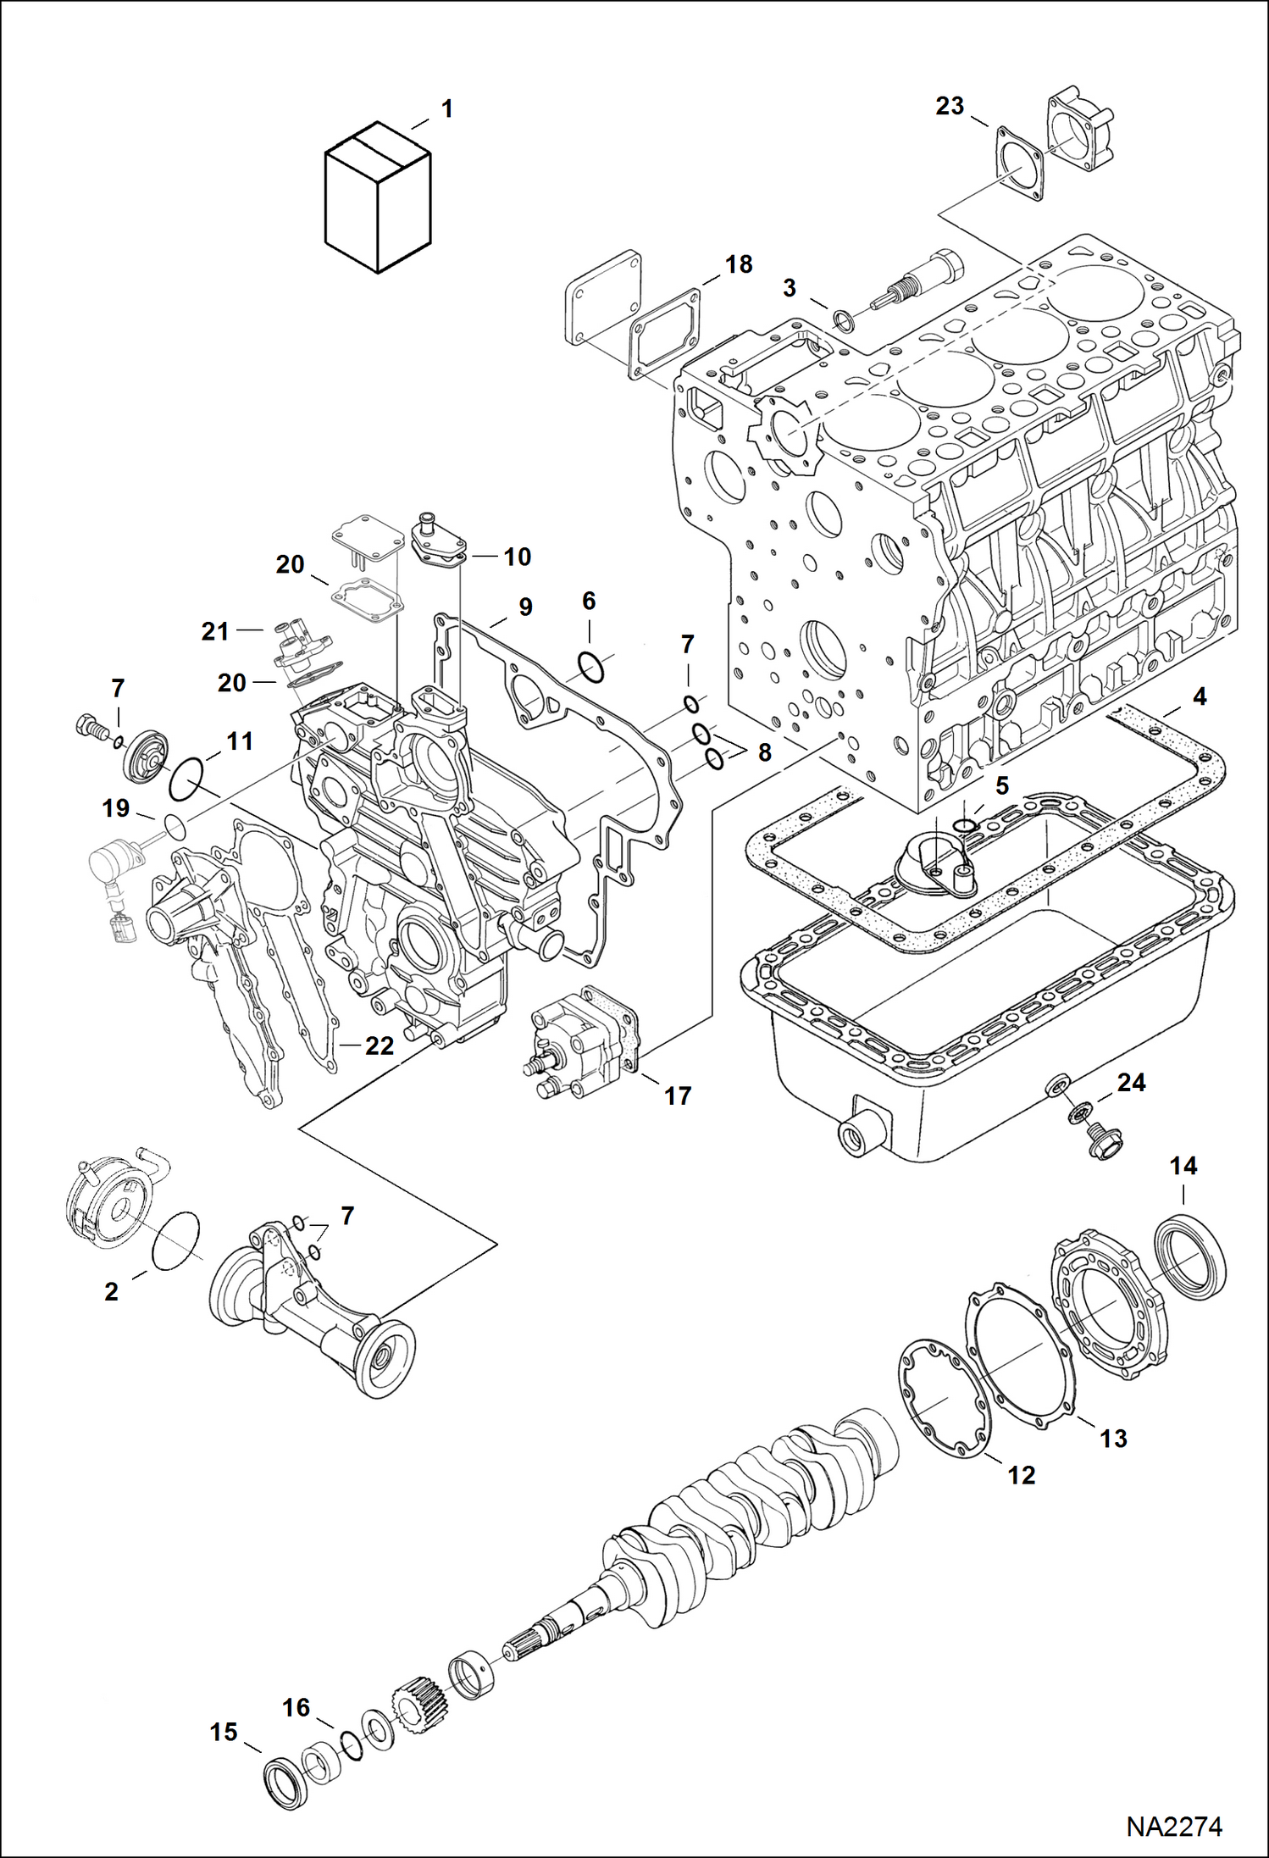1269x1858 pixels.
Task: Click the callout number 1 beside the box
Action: point(446,109)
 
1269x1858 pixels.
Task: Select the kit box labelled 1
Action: point(378,198)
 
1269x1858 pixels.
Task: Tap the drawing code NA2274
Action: point(1173,1827)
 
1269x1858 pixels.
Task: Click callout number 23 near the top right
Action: point(950,106)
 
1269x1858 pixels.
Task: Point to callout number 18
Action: point(739,264)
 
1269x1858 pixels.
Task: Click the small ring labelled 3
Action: point(844,320)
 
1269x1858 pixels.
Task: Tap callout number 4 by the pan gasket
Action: point(1199,696)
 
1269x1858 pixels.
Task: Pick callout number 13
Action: point(1113,1438)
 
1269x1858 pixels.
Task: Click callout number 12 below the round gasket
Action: point(1022,1475)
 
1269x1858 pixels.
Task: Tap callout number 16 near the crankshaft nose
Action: point(296,1706)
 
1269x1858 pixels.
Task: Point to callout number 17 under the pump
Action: point(677,1095)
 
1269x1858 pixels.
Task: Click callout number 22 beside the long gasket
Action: point(379,1045)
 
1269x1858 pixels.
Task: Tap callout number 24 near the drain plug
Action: point(1131,1082)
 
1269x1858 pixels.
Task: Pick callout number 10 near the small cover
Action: point(517,557)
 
